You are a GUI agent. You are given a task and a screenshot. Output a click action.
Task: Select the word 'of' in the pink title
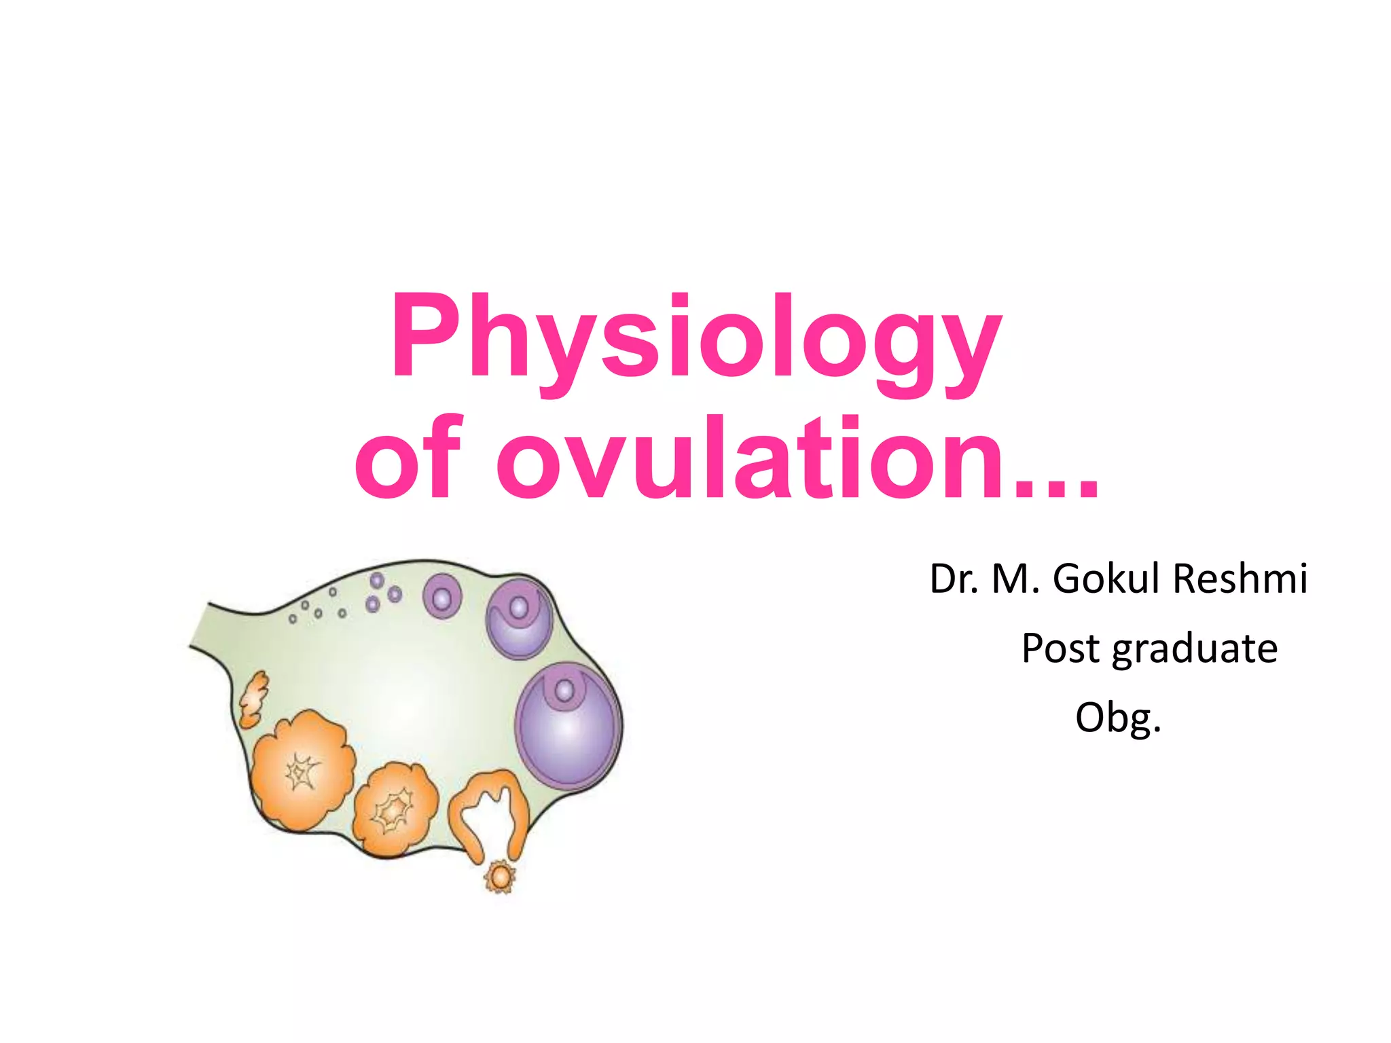tap(408, 458)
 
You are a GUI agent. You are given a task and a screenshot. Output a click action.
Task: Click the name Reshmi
tap(1240, 579)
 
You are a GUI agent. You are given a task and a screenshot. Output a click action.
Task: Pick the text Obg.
tap(1118, 718)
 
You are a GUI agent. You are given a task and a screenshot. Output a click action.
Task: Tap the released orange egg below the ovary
tap(501, 877)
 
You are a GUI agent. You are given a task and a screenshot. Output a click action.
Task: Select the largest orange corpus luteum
tap(302, 770)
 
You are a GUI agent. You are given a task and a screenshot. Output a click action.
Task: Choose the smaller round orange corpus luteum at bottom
tap(395, 809)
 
